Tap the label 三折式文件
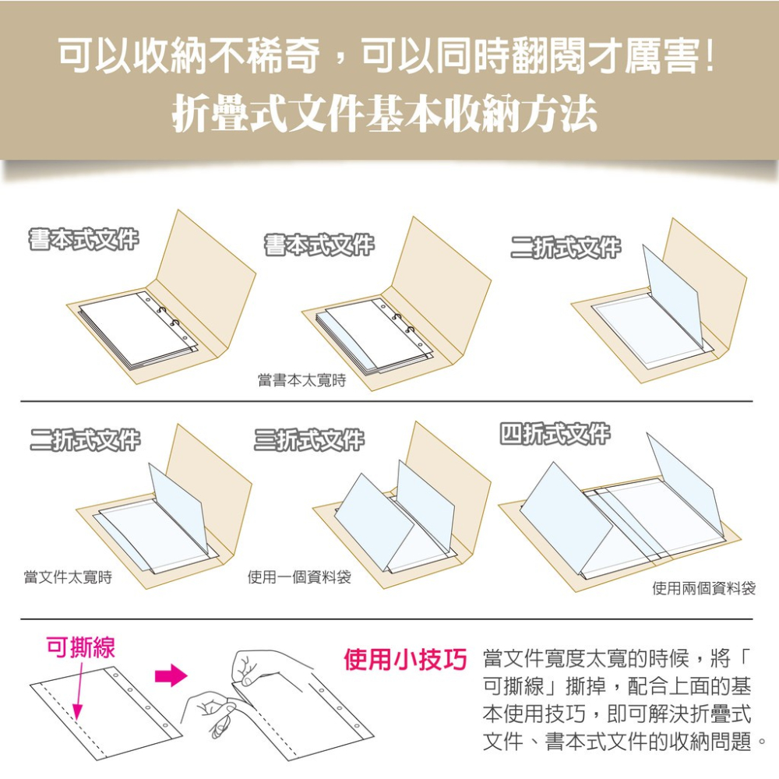[308, 440]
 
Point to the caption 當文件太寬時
[68, 577]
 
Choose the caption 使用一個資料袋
[299, 577]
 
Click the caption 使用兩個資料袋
[703, 588]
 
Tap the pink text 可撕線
[81, 647]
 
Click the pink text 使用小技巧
[405, 661]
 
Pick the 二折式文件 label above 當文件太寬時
[85, 440]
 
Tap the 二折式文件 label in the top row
[566, 247]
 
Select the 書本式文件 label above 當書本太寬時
[319, 245]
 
